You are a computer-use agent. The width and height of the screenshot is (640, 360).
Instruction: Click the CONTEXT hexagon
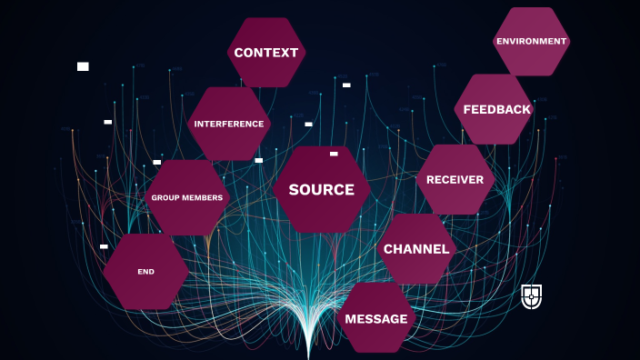pyautogui.click(x=265, y=52)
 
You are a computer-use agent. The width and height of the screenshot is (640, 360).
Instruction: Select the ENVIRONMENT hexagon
pyautogui.click(x=532, y=41)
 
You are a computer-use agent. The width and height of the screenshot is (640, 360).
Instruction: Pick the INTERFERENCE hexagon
pyautogui.click(x=229, y=124)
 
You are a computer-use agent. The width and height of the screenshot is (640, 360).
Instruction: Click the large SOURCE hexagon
pyautogui.click(x=321, y=190)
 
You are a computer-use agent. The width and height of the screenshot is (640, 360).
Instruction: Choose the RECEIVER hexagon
pyautogui.click(x=455, y=179)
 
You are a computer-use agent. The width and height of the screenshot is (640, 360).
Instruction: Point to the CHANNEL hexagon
pyautogui.click(x=416, y=249)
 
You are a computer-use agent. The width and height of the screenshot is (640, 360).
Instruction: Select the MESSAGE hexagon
pyautogui.click(x=376, y=318)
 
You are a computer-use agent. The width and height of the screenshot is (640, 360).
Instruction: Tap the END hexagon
pyautogui.click(x=145, y=272)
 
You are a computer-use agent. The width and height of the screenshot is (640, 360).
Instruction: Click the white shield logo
pyautogui.click(x=532, y=296)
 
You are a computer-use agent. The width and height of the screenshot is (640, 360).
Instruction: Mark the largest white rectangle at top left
pyautogui.click(x=83, y=66)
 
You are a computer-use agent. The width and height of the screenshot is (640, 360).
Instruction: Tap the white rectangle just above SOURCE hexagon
pyautogui.click(x=334, y=154)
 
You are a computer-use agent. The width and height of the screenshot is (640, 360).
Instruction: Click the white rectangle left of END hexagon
pyautogui.click(x=104, y=246)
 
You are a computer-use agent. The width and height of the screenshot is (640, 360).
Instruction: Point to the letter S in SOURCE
pyautogui.click(x=294, y=190)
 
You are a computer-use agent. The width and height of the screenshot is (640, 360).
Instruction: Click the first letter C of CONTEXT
pyautogui.click(x=239, y=53)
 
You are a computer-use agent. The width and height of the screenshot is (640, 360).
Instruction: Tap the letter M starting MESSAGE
pyautogui.click(x=351, y=319)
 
